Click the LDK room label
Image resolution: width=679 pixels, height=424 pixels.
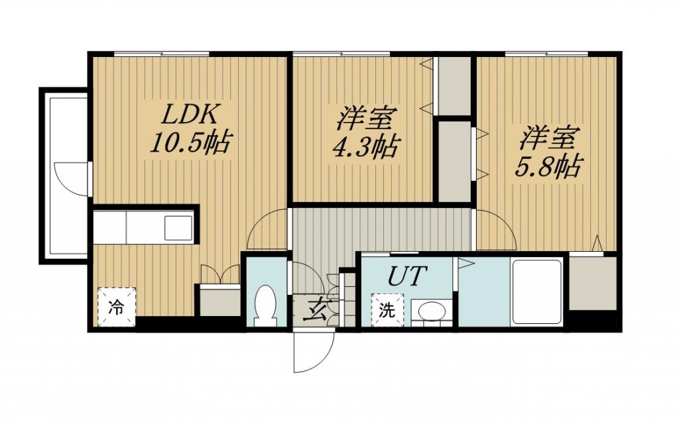[x=189, y=114]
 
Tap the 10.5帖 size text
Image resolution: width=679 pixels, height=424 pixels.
[x=189, y=142]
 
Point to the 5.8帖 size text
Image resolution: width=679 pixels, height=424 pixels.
[x=547, y=166]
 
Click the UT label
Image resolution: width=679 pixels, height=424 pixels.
[x=407, y=276]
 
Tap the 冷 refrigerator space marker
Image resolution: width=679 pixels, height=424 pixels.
[x=117, y=307]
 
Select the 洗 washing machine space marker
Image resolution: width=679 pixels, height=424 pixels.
[x=387, y=309]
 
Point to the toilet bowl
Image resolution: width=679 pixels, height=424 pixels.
[x=266, y=305]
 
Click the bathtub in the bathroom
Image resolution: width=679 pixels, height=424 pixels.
[x=536, y=291]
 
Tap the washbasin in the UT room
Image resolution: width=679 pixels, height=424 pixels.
[x=431, y=311]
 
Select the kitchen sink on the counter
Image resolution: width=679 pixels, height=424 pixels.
[x=178, y=228]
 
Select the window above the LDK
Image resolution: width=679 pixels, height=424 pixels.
[x=162, y=54]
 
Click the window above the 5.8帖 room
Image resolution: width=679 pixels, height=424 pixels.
[x=546, y=54]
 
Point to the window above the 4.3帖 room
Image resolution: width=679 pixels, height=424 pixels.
[x=341, y=54]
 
